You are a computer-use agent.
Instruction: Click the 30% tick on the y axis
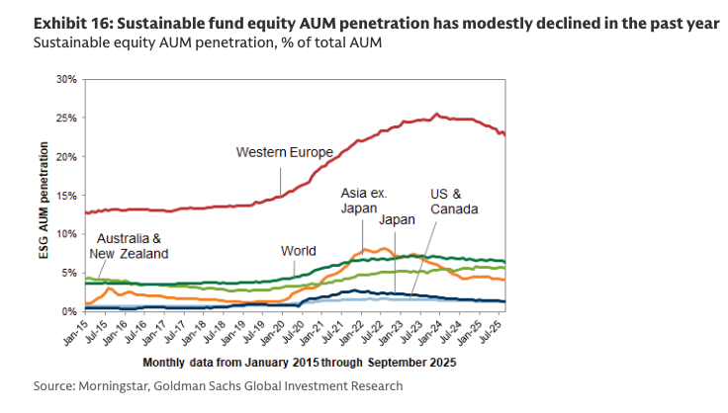pos(67,79)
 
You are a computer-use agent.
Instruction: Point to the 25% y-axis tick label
pos(67,118)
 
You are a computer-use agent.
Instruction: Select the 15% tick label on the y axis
pos(67,195)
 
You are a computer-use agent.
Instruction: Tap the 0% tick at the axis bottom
pos(70,311)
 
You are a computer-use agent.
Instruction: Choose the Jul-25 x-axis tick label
pos(498,332)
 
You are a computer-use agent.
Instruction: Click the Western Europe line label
pos(284,152)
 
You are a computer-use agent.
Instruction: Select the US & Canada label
pos(454,203)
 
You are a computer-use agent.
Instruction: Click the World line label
pos(298,251)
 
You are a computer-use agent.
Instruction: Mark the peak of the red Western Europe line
pos(437,114)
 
